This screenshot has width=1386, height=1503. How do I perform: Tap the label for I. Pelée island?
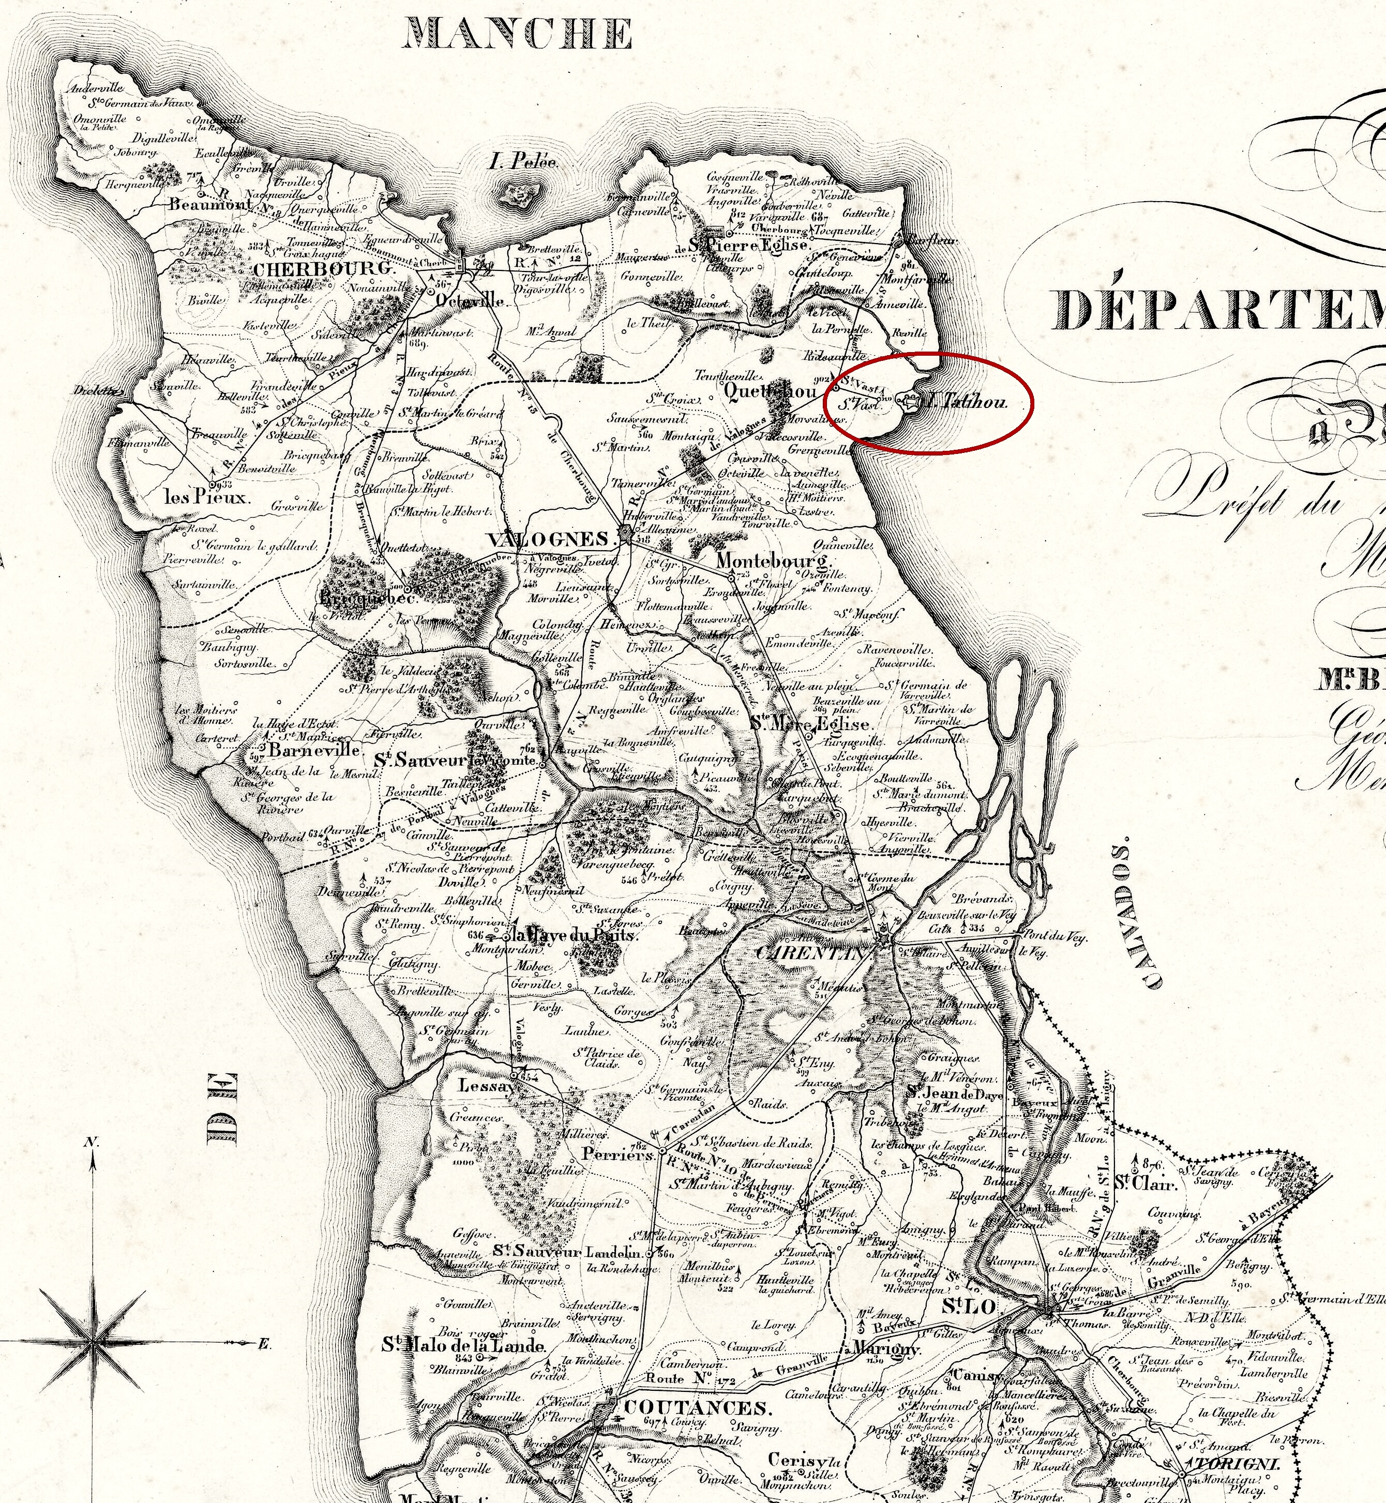coord(523,160)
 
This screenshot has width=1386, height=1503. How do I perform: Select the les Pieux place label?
coord(206,496)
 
